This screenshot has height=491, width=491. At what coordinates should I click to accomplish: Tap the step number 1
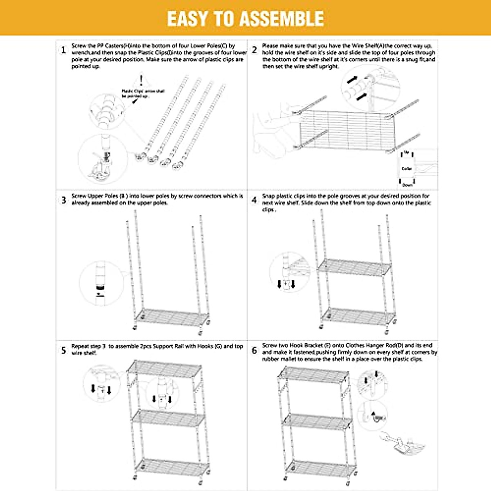point(63,50)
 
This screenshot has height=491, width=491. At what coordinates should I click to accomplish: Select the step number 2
point(255,50)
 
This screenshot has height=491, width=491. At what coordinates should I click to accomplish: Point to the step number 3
point(63,200)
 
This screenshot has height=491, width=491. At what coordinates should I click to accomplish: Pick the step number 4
point(255,200)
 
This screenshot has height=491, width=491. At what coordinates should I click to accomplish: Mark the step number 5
point(63,350)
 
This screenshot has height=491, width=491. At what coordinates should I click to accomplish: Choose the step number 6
point(255,350)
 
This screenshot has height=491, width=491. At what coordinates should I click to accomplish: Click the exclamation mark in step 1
point(141,80)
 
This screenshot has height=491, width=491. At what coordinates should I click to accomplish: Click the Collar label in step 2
point(406,169)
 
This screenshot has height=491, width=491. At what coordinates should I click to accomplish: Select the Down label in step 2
point(407,185)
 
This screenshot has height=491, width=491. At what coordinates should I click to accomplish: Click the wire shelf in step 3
point(172,317)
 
